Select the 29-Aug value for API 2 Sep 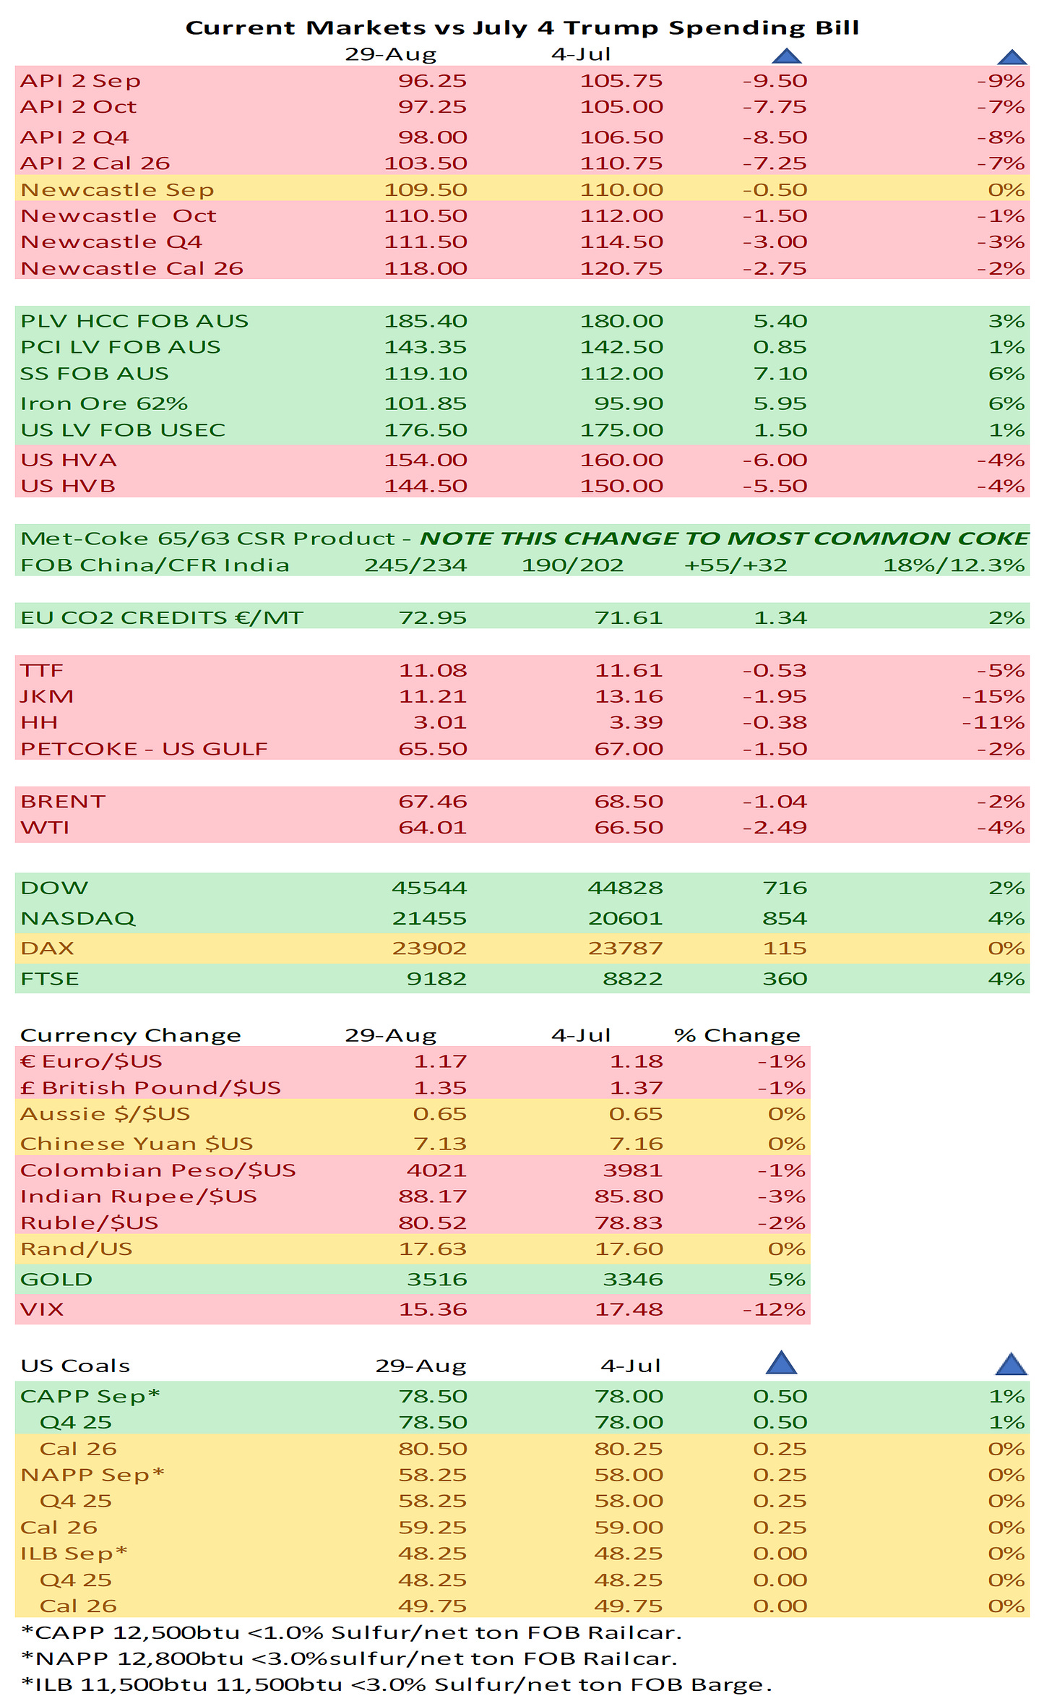(x=432, y=81)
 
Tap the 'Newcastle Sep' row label (x=117, y=189)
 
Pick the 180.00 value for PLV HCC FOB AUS (x=621, y=321)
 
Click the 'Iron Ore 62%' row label (x=104, y=403)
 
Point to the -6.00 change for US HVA (x=775, y=460)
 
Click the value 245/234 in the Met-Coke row (x=415, y=565)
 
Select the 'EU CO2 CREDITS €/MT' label (x=162, y=617)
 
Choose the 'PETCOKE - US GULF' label (x=144, y=749)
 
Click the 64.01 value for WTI (x=432, y=827)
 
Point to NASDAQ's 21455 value (x=429, y=918)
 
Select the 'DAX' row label (x=47, y=948)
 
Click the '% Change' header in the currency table (x=737, y=1035)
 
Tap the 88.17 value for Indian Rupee (x=432, y=1196)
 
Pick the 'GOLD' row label (x=56, y=1279)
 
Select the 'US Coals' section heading (x=75, y=1366)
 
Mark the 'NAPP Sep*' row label (x=92, y=1475)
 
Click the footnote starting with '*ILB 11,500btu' (x=396, y=1684)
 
